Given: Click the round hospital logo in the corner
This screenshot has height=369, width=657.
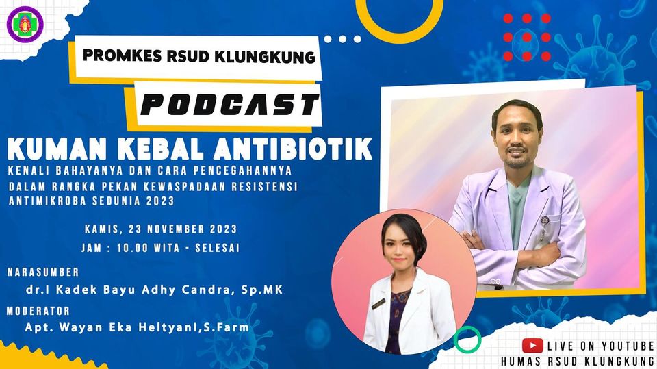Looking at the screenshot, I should click(25, 25).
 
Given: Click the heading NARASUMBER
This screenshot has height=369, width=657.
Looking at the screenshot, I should click(43, 272).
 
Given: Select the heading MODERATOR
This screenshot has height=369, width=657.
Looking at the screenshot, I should click(39, 311).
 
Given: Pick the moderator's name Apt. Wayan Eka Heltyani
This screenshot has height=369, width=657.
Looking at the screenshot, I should click(110, 328).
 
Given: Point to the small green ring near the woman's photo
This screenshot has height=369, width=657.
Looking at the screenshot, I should click(467, 340).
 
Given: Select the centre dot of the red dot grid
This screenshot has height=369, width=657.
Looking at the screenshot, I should click(527, 38).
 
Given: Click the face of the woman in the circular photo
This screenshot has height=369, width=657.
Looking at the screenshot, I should click(403, 248).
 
